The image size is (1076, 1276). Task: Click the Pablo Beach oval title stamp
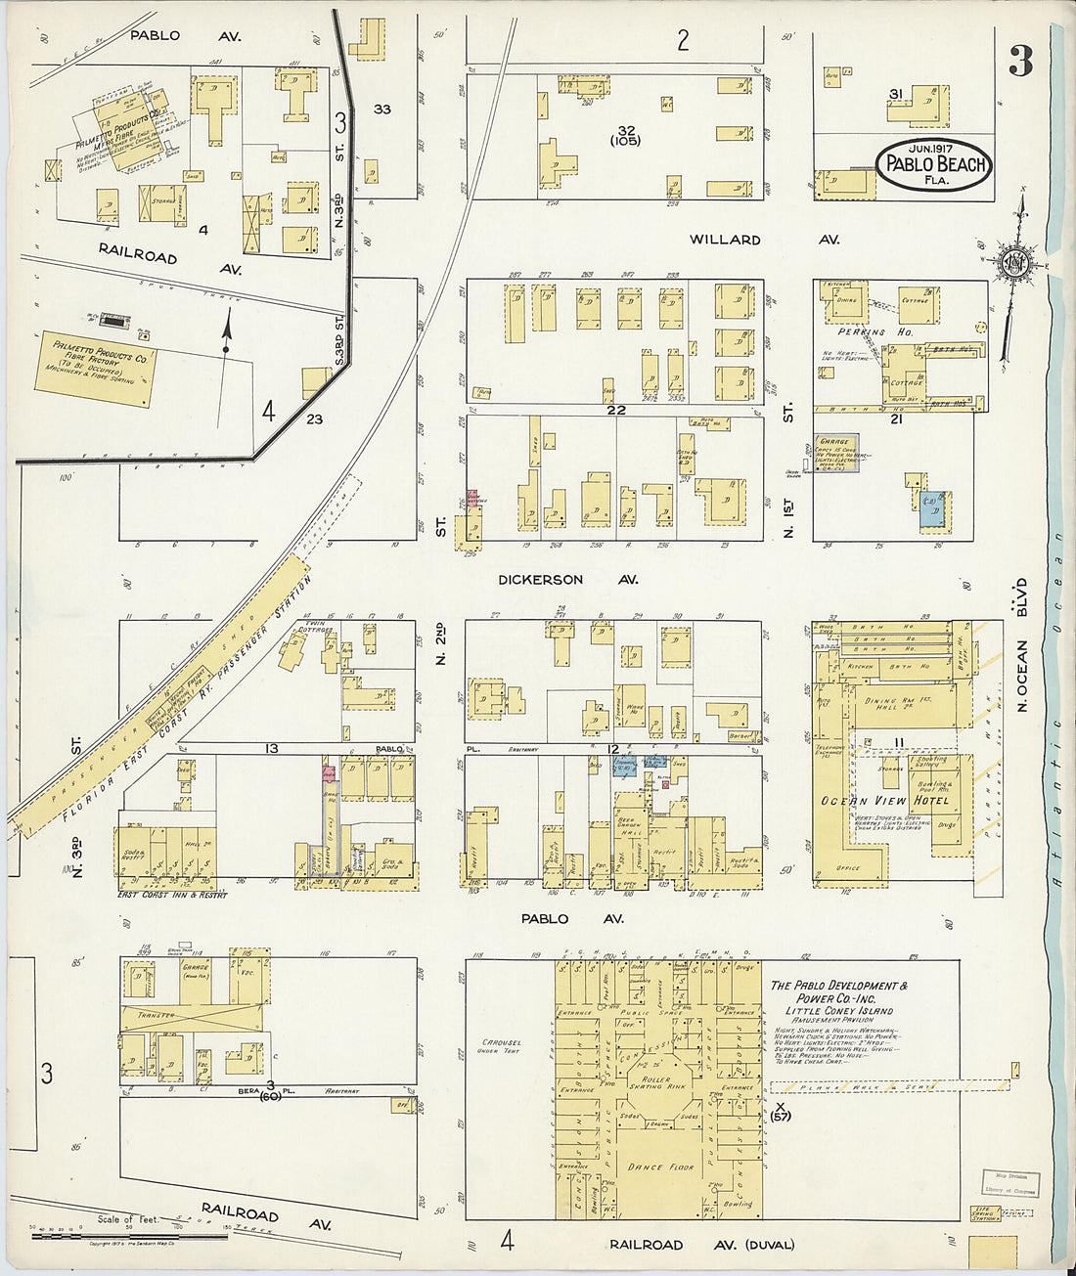coord(934,164)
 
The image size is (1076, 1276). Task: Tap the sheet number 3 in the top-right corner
coord(1020,63)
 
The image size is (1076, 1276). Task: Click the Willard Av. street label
coord(725,240)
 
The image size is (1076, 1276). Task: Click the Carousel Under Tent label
coord(502,1046)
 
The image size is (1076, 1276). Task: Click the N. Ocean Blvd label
coord(1021,645)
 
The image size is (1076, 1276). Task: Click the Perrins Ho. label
coord(861,332)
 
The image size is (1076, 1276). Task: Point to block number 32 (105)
coord(626,135)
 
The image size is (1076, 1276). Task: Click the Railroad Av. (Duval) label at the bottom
coord(702,1245)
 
